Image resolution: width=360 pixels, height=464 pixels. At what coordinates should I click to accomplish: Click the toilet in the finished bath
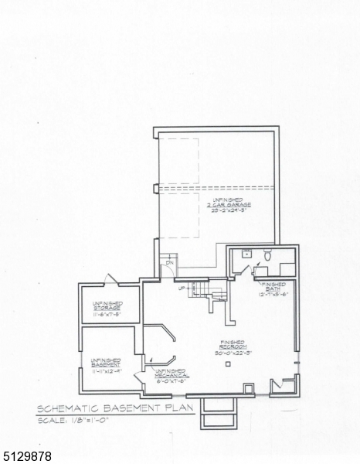coord(267,256)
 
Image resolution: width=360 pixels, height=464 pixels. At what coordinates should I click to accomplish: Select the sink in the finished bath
coord(246,254)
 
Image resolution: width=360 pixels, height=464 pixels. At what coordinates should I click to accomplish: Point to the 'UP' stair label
coord(183,288)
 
